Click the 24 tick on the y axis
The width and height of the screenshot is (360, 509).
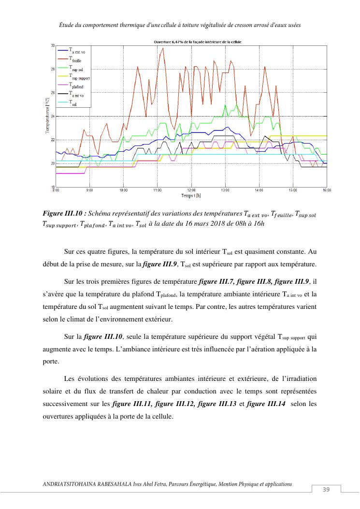click(x=53, y=116)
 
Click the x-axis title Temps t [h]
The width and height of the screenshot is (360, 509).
click(x=191, y=195)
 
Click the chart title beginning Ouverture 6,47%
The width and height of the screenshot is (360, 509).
click(x=191, y=42)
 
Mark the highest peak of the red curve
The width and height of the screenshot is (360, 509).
click(x=163, y=48)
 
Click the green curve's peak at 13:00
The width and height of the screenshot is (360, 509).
click(x=225, y=105)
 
